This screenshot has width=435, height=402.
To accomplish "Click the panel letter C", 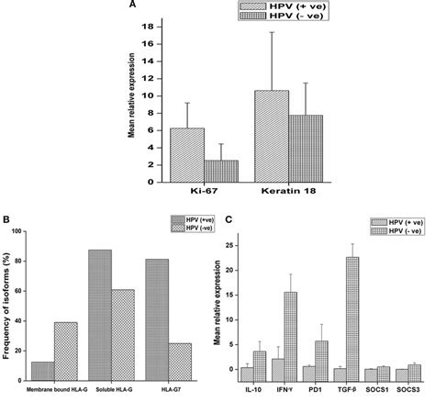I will tap(226, 219).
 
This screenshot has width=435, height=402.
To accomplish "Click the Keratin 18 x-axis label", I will tap(287, 191).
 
